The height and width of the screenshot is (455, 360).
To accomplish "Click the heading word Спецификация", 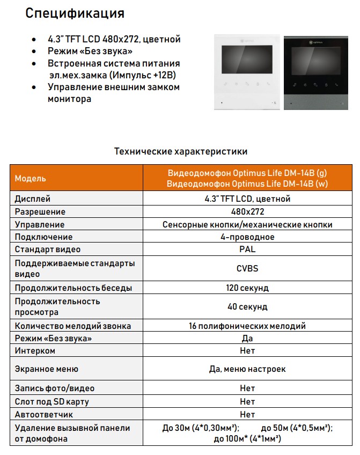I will pos(75,13).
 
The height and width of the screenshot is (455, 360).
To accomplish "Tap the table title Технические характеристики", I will pos(181,151).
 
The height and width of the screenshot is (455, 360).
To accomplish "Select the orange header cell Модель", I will pos(31,178).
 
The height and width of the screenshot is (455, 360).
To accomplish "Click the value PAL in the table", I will pos(247,249).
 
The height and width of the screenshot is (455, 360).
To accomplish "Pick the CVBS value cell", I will pos(247,268).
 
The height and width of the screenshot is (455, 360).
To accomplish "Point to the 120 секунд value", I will pos(247,288).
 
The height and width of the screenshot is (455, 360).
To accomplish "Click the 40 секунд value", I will pos(247,307).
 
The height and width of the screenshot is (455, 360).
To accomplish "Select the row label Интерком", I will pos(35,351).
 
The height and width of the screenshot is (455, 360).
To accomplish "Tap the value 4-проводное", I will pos(247,237).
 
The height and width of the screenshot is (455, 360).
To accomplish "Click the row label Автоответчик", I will pos(44,415).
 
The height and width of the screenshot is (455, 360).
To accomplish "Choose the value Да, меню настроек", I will pos(247,369).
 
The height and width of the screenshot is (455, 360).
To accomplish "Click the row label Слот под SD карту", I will pos(52,401).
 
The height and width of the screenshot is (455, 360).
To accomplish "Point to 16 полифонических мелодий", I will pos(247,326).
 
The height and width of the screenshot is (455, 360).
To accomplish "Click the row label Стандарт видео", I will pos(48,249).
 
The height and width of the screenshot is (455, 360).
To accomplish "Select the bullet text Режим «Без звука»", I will pos(90,51).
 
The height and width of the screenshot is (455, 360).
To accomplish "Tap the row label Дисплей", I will pos(33,199).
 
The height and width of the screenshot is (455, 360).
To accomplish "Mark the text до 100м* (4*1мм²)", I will pos(247,439).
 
